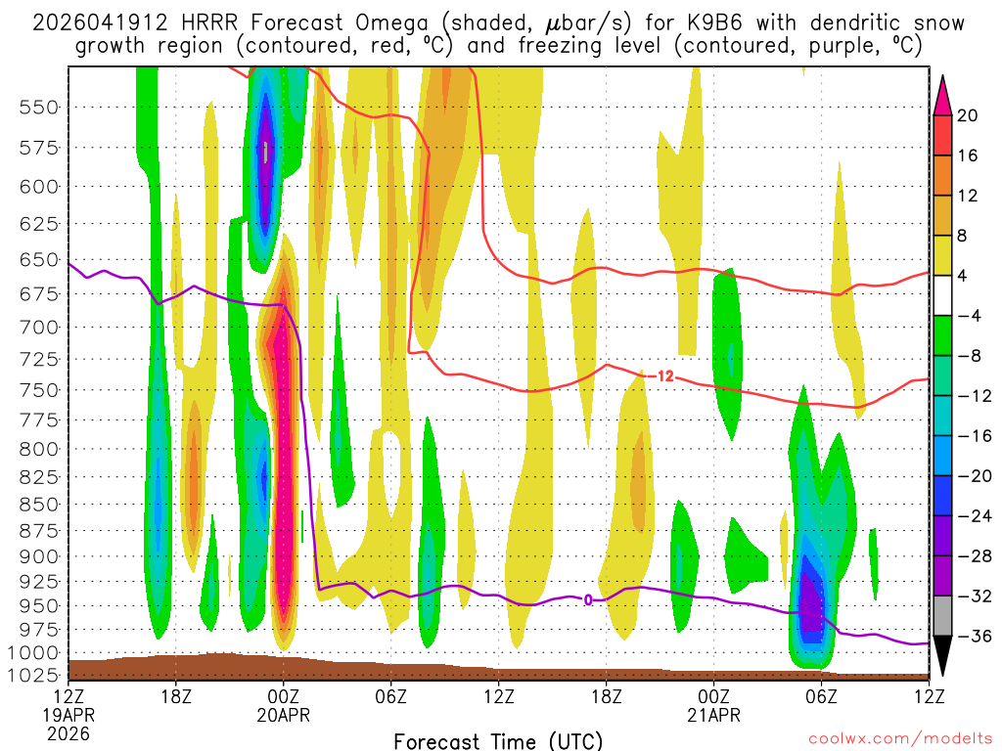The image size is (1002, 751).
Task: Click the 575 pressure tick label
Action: click(39, 148)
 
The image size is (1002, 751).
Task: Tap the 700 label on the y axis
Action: click(39, 326)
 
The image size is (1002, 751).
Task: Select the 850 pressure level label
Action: click(39, 505)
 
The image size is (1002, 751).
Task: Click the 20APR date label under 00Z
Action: click(284, 714)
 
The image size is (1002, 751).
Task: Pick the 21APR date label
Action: click(714, 714)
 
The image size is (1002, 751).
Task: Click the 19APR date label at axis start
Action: click(68, 714)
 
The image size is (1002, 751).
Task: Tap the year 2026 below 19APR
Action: click(68, 732)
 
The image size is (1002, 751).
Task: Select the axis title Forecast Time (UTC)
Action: click(498, 740)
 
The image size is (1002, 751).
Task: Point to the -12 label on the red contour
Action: click(662, 375)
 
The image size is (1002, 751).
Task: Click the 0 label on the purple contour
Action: click(588, 599)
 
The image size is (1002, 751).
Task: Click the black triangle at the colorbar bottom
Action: click(943, 657)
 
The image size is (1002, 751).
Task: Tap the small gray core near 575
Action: click(265, 152)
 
